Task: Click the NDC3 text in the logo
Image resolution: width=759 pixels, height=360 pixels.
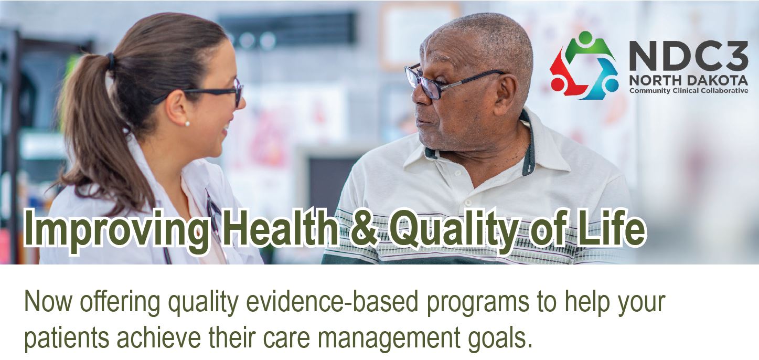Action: point(688,55)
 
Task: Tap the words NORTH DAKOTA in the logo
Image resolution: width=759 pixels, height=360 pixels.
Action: point(688,80)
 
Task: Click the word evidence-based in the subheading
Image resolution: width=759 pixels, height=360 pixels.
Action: point(332,302)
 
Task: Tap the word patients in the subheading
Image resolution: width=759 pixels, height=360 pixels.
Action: point(67,337)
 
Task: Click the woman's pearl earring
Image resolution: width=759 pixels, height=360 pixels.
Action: point(187,124)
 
